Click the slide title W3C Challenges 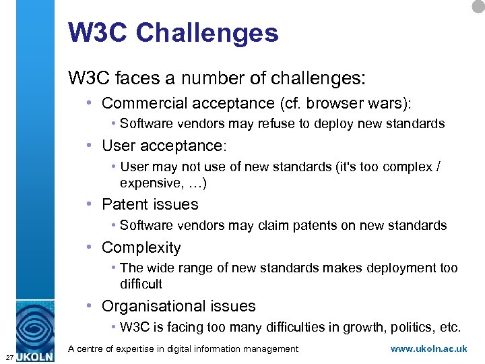pyautogui.click(x=173, y=32)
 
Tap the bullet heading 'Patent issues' pyautogui.click(x=150, y=204)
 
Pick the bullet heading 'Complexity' pyautogui.click(x=141, y=248)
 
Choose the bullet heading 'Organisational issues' pyautogui.click(x=179, y=306)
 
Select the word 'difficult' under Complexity pyautogui.click(x=141, y=284)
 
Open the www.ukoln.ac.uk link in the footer pyautogui.click(x=428, y=349)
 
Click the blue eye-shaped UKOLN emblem pyautogui.click(x=34, y=326)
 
